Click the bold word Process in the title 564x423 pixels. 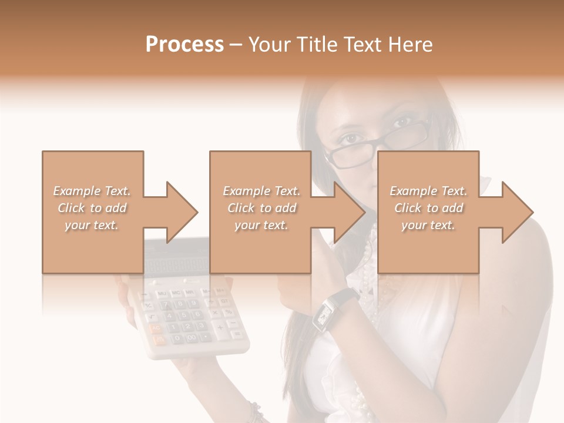(x=184, y=45)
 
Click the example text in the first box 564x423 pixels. (x=92, y=208)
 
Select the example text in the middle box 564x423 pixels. (x=261, y=208)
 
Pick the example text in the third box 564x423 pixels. (x=428, y=208)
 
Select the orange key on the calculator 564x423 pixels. (x=157, y=333)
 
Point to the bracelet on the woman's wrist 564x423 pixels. (x=255, y=411)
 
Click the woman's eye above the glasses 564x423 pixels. (x=402, y=122)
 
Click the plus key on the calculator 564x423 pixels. (x=219, y=327)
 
